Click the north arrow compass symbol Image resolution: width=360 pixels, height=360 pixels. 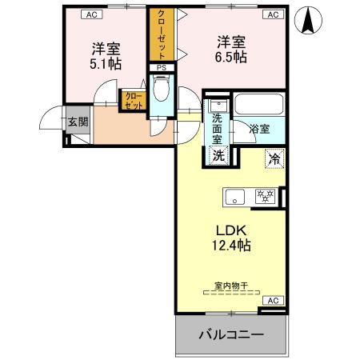[x=306, y=20]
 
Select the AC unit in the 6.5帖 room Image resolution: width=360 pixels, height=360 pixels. [x=272, y=14]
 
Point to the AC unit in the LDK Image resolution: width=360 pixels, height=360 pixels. [x=272, y=300]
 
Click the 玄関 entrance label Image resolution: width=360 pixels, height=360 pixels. [x=78, y=122]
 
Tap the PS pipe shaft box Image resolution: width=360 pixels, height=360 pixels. [x=161, y=69]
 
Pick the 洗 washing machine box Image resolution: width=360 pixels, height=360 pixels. [x=218, y=156]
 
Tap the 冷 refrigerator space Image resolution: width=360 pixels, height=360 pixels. [x=274, y=158]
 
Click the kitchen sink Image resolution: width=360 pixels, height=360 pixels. [x=236, y=195]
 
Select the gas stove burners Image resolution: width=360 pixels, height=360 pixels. [x=266, y=195]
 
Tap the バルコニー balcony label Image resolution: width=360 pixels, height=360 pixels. [x=231, y=335]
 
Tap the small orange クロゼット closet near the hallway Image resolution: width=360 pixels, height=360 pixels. [x=132, y=100]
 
